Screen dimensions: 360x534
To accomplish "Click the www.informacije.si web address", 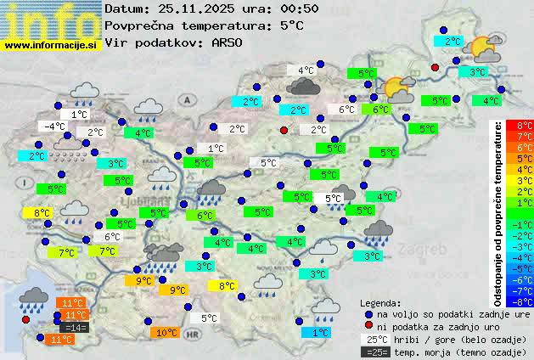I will [52, 44].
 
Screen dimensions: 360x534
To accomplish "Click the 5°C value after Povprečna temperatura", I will [291, 25].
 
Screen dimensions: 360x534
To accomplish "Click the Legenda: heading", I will [380, 303].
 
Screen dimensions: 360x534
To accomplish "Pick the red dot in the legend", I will [368, 326].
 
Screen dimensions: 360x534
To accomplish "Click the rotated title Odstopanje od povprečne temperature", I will [498, 212].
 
